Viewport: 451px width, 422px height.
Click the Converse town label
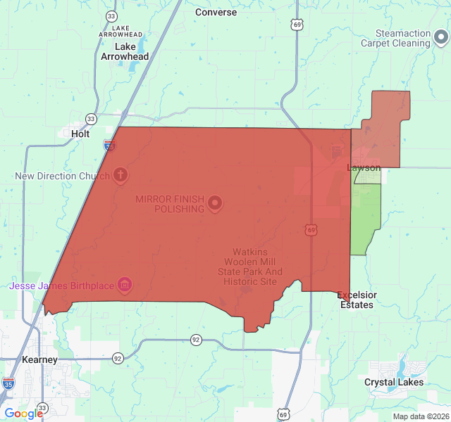[216, 12]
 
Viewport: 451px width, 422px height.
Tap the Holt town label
[80, 133]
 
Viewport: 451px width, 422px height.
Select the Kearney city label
[39, 359]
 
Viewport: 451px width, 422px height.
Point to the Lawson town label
[364, 167]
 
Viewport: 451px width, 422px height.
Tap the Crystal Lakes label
[394, 382]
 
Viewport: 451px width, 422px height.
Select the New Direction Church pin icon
[121, 174]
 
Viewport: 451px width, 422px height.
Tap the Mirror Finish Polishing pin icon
[215, 204]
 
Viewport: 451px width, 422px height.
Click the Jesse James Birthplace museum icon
[125, 284]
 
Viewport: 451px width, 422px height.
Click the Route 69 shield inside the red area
[311, 230]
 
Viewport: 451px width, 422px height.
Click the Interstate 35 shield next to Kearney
[8, 383]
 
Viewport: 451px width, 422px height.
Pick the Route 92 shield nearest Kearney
[118, 358]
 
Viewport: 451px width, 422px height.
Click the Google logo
[23, 414]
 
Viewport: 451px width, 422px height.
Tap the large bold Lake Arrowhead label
[125, 51]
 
